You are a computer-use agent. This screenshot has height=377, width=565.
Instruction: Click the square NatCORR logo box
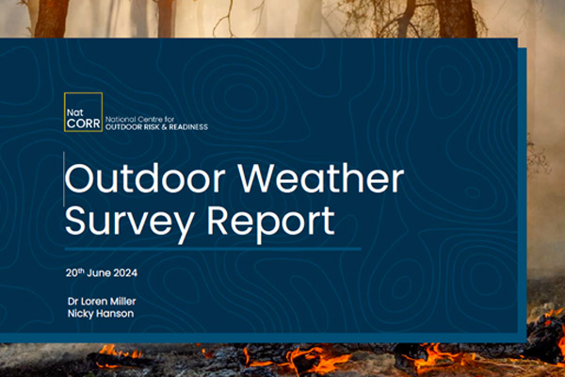pyautogui.click(x=82, y=113)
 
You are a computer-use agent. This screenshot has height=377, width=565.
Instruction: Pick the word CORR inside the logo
pyautogui.click(x=83, y=122)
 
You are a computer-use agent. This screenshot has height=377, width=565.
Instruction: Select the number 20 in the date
pyautogui.click(x=72, y=273)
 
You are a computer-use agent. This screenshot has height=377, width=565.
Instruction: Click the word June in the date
pyautogui.click(x=103, y=273)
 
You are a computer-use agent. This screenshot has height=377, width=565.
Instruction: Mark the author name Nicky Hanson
pyautogui.click(x=100, y=313)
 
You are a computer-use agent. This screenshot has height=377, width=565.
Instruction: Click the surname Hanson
pyautogui.click(x=115, y=313)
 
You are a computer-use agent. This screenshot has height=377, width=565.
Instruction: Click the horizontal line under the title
pyautogui.click(x=212, y=250)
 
